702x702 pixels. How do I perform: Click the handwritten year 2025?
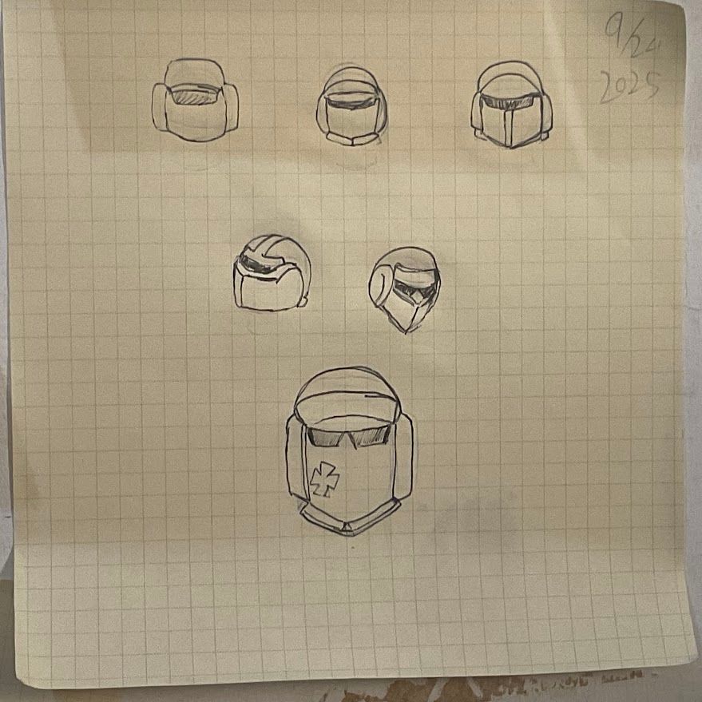click(x=629, y=87)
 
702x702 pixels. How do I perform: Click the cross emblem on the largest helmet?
click(x=324, y=479)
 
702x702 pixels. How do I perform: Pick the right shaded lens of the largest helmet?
click(x=371, y=437)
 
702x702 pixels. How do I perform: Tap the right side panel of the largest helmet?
click(x=403, y=457)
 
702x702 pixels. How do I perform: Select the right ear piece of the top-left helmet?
click(x=231, y=108)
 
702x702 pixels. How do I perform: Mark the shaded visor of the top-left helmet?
click(x=195, y=96)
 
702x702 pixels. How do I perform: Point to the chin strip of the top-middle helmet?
click(x=352, y=139)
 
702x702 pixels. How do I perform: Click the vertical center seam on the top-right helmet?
click(x=508, y=129)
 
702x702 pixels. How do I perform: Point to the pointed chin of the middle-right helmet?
click(x=406, y=330)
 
